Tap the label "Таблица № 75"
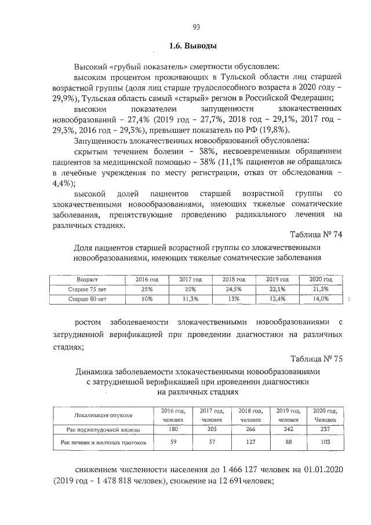click(x=317, y=358)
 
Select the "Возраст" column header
click(x=87, y=279)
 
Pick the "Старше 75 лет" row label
click(x=87, y=289)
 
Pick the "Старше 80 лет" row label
click(x=87, y=299)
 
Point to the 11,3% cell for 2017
click(x=190, y=299)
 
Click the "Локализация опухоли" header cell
click(x=99, y=415)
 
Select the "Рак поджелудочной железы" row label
click(x=99, y=429)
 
